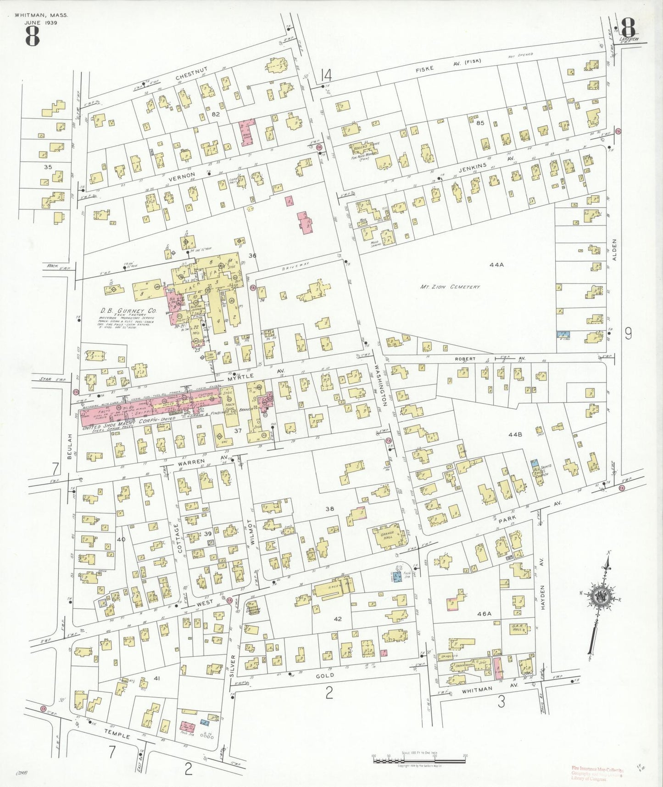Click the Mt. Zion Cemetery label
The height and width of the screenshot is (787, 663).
pyautogui.click(x=450, y=287)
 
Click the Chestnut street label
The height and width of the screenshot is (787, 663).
pyautogui.click(x=191, y=74)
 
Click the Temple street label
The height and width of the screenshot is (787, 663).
pyautogui.click(x=117, y=734)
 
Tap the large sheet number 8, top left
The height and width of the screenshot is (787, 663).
pyautogui.click(x=32, y=36)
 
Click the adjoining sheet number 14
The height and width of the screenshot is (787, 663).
pyautogui.click(x=326, y=75)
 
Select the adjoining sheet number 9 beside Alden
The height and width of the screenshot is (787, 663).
pyautogui.click(x=628, y=334)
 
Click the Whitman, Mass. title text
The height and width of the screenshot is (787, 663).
pyautogui.click(x=41, y=15)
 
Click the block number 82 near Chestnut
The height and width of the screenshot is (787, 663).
pyautogui.click(x=216, y=114)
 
